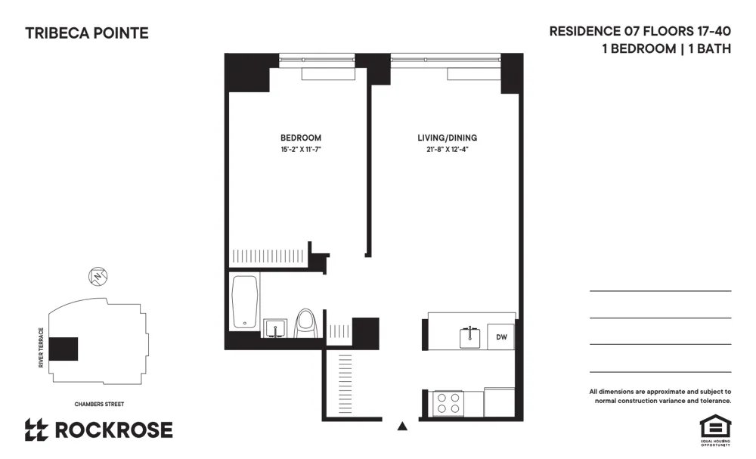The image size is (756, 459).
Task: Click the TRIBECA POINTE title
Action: point(87,33)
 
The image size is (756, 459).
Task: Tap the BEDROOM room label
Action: point(301,138)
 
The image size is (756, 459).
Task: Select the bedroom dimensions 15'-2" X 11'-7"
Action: point(301,150)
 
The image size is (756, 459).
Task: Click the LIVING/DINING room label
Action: point(448,138)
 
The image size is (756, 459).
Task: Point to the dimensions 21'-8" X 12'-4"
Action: point(448,150)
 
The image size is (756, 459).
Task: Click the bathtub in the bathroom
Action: point(246,302)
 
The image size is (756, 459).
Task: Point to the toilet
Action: point(305,323)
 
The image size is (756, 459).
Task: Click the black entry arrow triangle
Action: point(402,426)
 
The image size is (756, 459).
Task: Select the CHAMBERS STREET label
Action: point(99,404)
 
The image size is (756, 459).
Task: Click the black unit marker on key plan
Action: point(64,349)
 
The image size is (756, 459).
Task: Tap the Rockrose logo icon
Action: point(37,430)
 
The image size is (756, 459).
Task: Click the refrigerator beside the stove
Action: point(499,402)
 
